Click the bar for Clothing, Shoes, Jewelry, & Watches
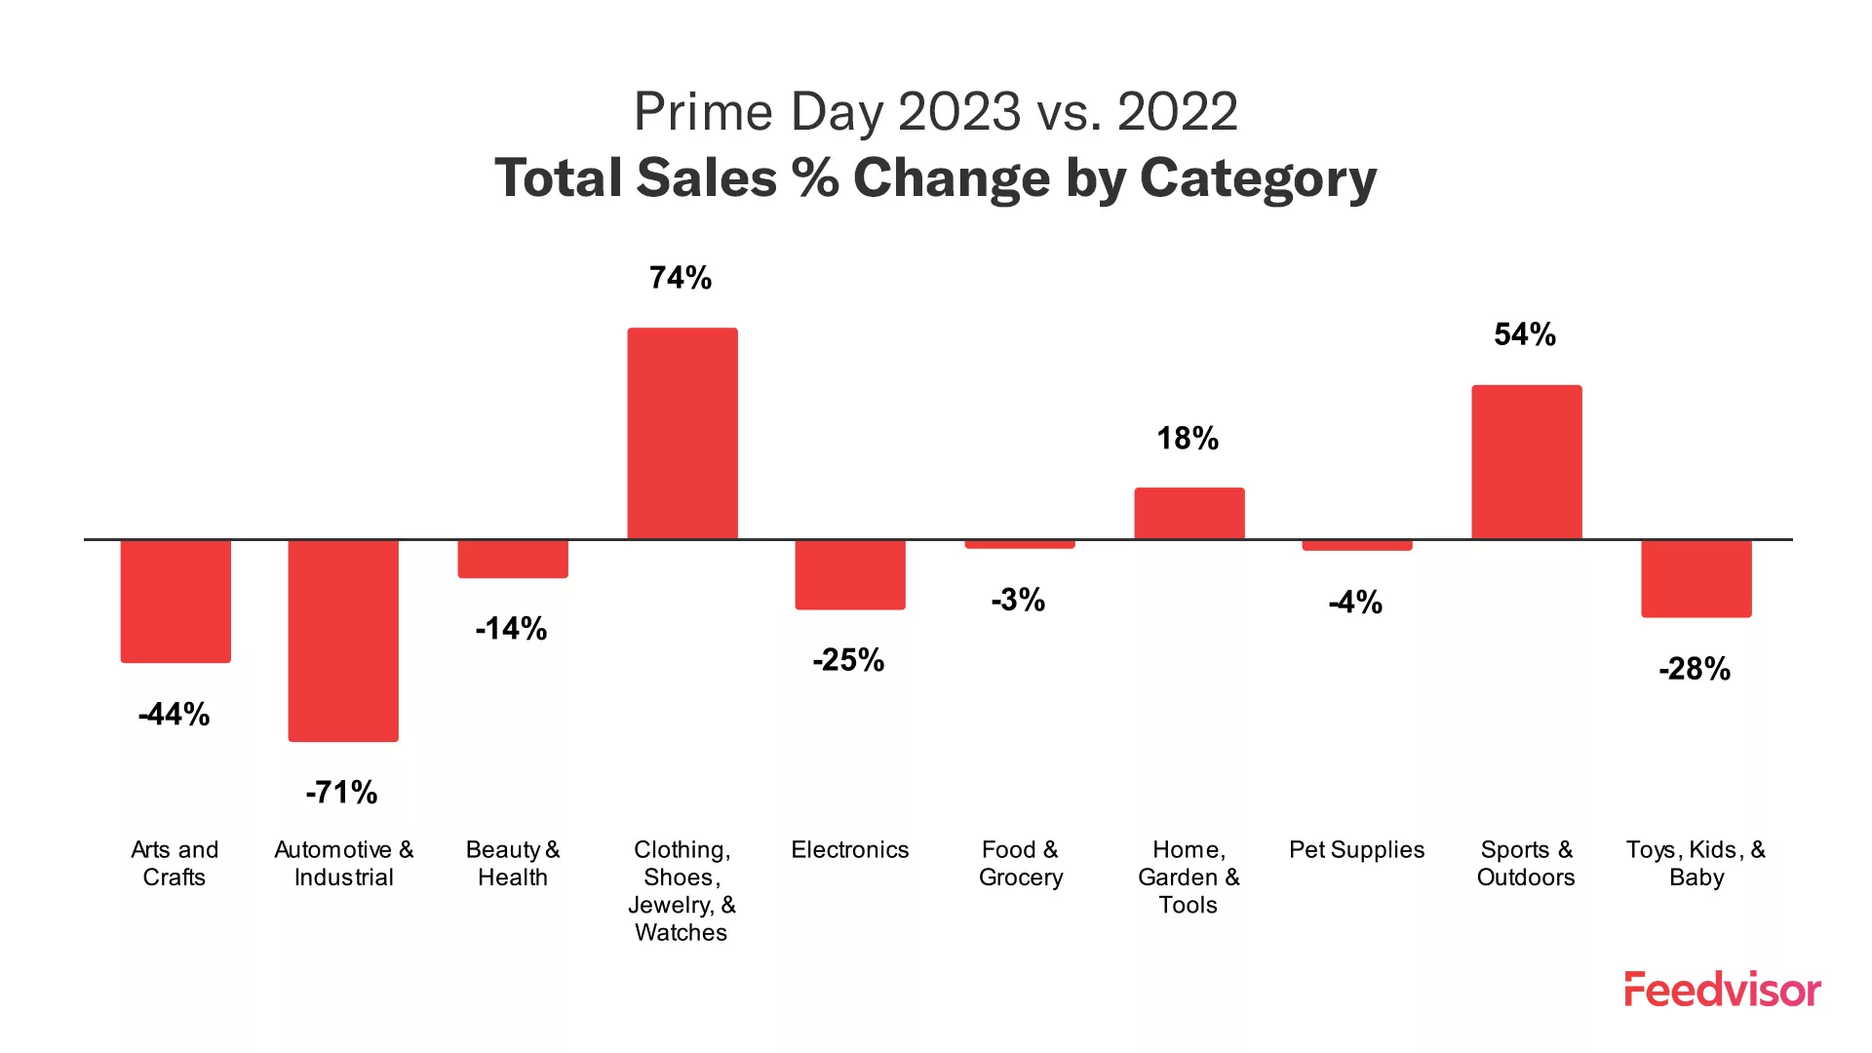pos(682,434)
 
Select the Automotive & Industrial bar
pos(343,640)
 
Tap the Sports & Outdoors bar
pos(1526,462)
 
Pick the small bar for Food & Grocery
pos(1020,544)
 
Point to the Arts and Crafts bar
pos(175,601)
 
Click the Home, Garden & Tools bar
pos(1189,513)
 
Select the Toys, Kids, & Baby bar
pos(1696,578)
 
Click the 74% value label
pos(681,278)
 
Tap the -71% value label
pos(341,792)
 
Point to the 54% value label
pos(1525,334)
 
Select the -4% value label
pos(1355,602)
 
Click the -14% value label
pos(511,628)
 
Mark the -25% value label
pos(848,660)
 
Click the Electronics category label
pos(849,849)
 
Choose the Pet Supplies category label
pos(1356,849)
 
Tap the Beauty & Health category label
pos(513,863)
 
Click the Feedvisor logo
pos(1721,990)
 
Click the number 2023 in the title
pos(958,111)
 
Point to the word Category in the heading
pos(1258,178)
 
